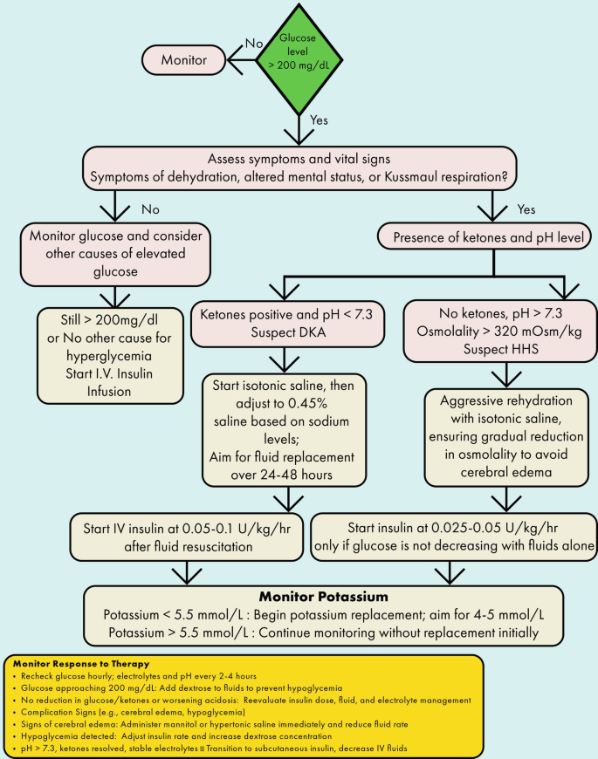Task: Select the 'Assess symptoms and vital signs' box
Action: [299, 168]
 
